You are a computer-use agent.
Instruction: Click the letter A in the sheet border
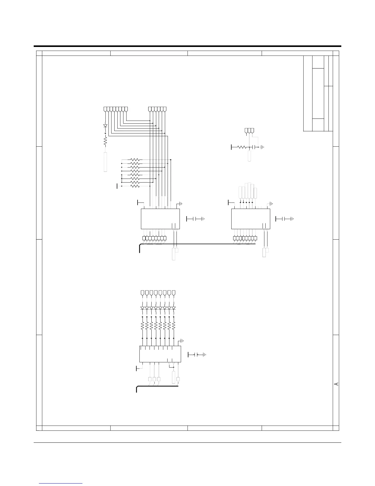pyautogui.click(x=336, y=384)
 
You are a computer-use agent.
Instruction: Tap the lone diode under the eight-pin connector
pyautogui.click(x=105, y=126)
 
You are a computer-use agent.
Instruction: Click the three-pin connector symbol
pyautogui.click(x=249, y=131)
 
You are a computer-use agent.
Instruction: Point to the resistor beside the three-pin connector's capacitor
pyautogui.click(x=241, y=147)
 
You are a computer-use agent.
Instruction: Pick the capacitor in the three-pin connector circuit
pyautogui.click(x=253, y=147)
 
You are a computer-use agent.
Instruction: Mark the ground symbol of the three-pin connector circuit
pyautogui.click(x=262, y=147)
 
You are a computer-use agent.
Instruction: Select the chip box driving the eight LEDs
pyautogui.click(x=160, y=354)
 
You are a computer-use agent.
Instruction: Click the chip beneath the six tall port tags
pyautogui.click(x=251, y=219)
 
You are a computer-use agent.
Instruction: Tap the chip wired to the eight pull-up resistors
pyautogui.click(x=160, y=219)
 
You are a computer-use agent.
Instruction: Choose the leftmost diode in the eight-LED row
pyautogui.click(x=142, y=308)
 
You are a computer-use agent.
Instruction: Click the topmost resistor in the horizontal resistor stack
pyautogui.click(x=135, y=160)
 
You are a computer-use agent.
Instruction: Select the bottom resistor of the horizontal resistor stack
pyautogui.click(x=135, y=186)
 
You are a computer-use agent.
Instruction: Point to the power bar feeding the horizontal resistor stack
pyautogui.click(x=117, y=186)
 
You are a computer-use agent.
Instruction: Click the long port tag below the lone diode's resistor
pyautogui.click(x=105, y=162)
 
